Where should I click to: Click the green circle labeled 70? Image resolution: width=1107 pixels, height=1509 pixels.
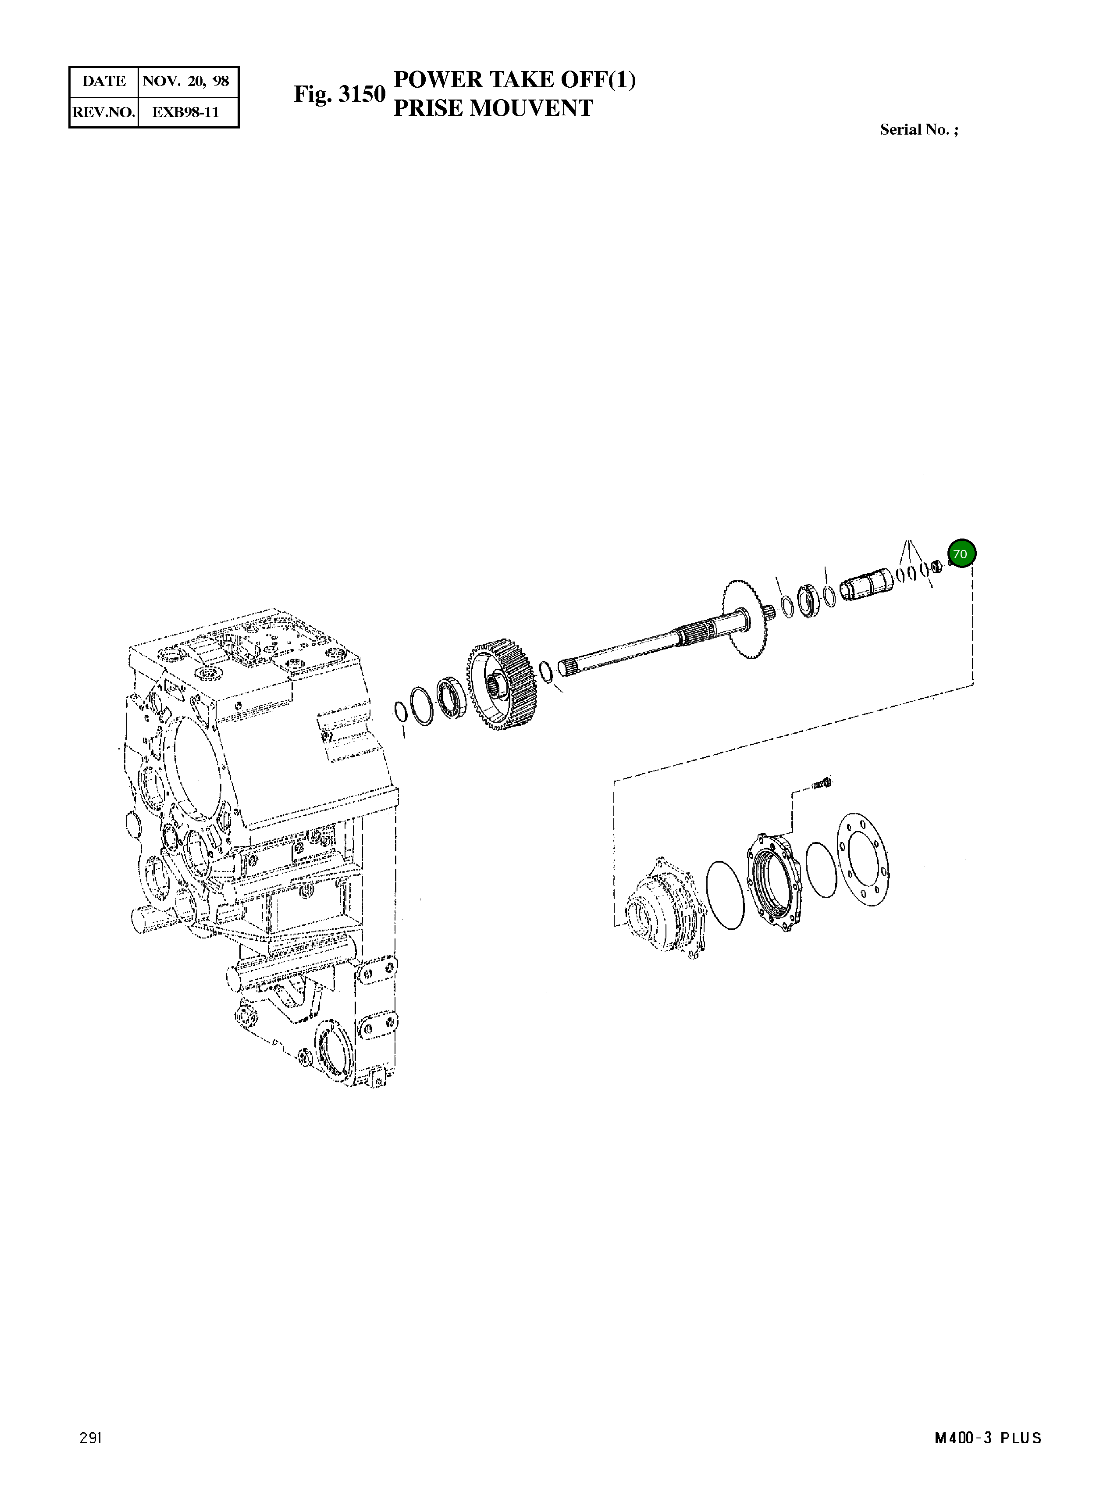961,554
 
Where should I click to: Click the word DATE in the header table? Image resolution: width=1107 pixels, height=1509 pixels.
104,82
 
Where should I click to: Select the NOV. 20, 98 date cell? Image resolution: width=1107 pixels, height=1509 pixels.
186,82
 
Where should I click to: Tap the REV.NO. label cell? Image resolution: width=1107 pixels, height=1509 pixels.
104,112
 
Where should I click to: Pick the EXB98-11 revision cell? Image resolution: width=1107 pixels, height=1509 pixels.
186,112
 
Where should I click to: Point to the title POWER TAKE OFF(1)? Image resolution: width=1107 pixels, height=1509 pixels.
514,79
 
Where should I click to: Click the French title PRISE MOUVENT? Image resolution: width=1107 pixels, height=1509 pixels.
492,108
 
